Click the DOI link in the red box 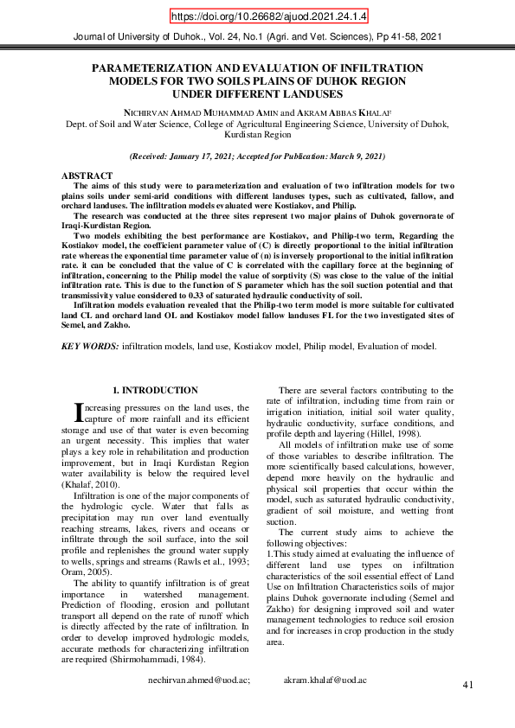point(257,16)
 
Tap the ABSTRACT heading point(87,176)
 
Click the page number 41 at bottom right point(468,685)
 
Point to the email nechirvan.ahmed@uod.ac point(201,680)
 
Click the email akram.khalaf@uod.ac point(325,680)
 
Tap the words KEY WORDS point(89,346)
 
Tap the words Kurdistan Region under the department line point(257,136)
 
